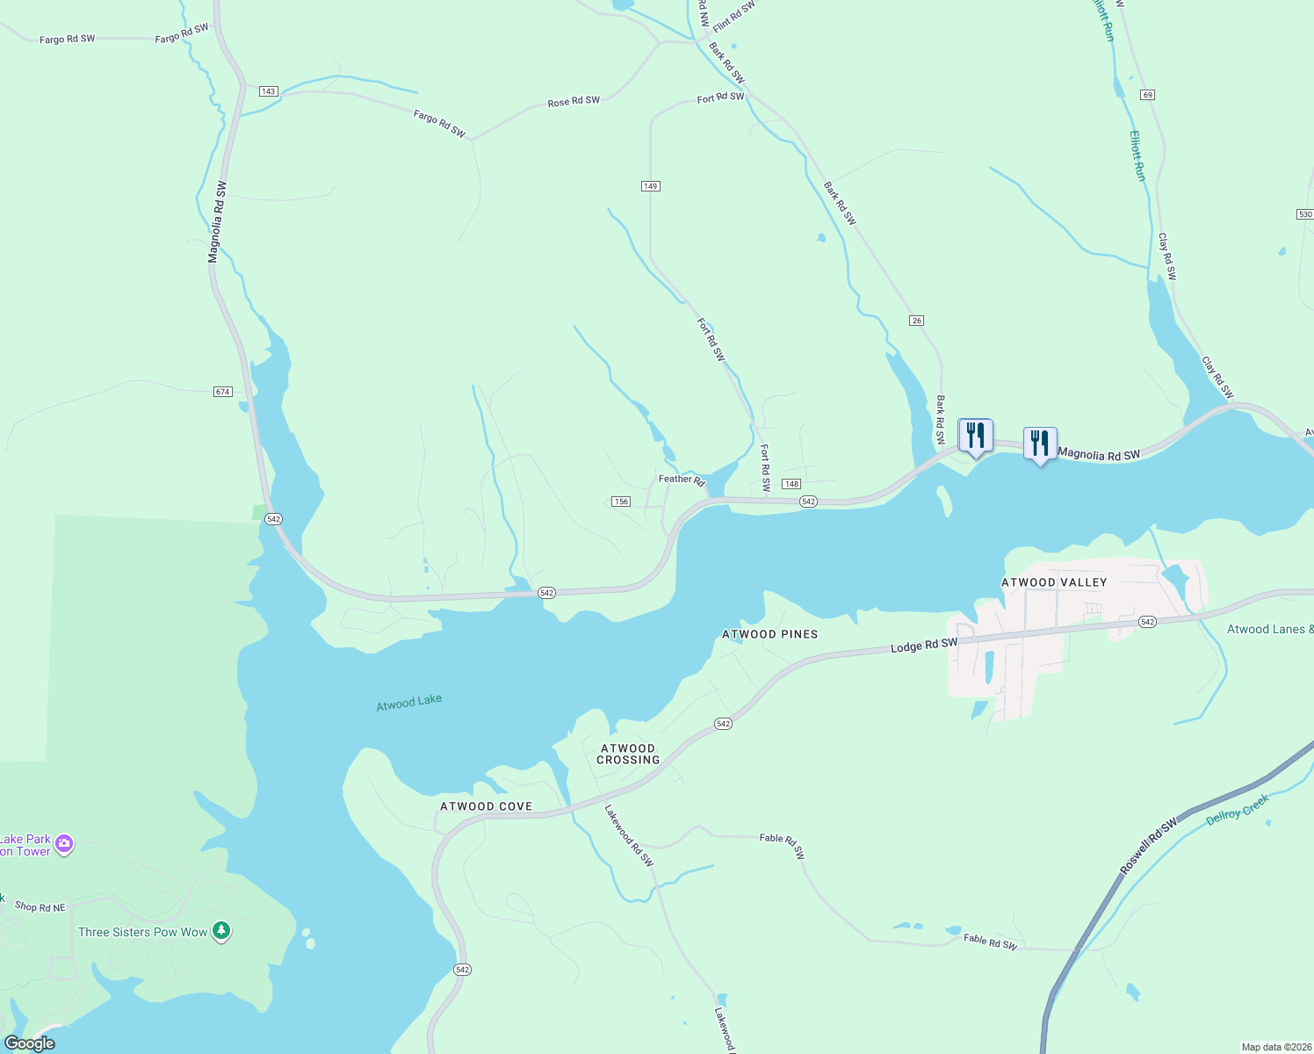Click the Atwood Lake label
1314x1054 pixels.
[408, 703]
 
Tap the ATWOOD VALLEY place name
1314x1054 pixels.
[1054, 582]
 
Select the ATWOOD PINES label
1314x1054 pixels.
[769, 634]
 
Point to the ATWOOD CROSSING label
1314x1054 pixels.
[628, 754]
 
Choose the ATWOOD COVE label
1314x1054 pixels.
[486, 806]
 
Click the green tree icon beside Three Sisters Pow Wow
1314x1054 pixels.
[222, 931]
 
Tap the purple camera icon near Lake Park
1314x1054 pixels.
[64, 844]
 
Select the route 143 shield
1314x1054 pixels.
[269, 91]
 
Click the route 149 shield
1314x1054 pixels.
[650, 186]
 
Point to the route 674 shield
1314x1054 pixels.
[223, 392]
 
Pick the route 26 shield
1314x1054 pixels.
[916, 321]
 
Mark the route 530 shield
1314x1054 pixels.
[1304, 214]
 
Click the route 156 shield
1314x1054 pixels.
[621, 502]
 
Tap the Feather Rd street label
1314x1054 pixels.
[682, 480]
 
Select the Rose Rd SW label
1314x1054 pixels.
[574, 102]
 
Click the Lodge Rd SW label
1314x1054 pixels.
[924, 646]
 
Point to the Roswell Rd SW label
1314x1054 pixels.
[1148, 847]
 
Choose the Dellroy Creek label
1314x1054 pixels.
[1238, 810]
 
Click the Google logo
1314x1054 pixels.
[30, 1043]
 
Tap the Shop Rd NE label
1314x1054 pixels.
[40, 907]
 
